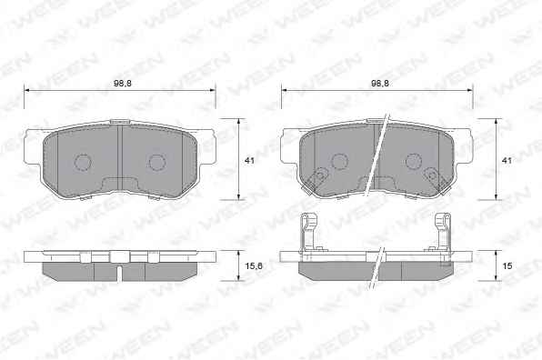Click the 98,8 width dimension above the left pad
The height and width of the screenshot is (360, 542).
[x=123, y=84]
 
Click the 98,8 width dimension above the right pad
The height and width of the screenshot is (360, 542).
[x=380, y=84]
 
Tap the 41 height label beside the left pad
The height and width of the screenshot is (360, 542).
[x=249, y=161]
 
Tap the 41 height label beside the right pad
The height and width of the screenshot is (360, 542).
[x=507, y=161]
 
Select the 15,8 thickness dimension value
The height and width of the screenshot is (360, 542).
[x=254, y=266]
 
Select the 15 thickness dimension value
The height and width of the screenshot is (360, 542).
[x=507, y=266]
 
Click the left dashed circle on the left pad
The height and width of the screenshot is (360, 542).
[x=83, y=162]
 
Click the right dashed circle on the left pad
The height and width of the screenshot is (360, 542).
[x=156, y=163]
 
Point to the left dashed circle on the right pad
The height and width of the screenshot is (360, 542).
[x=340, y=161]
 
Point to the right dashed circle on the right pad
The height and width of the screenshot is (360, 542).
[x=414, y=161]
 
